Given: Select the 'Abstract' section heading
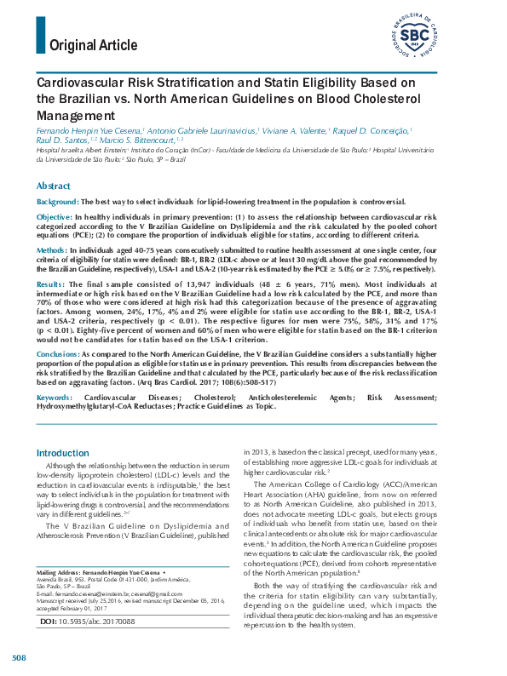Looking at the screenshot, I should coord(54,186).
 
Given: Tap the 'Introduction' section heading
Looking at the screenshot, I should coord(63,453).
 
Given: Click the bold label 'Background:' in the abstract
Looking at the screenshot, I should coord(57,202).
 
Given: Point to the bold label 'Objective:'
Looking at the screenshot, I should coord(55,218).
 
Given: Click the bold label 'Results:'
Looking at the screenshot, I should coord(51,284).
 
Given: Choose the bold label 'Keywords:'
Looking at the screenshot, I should coord(55,398).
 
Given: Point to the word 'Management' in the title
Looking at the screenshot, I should coord(75,115).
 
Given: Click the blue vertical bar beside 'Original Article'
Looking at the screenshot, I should coord(41,35).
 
